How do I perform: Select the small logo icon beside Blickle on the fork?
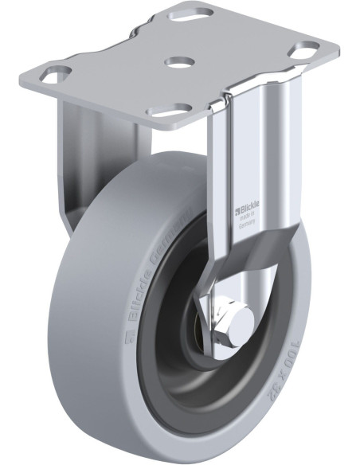tap(237, 210)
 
